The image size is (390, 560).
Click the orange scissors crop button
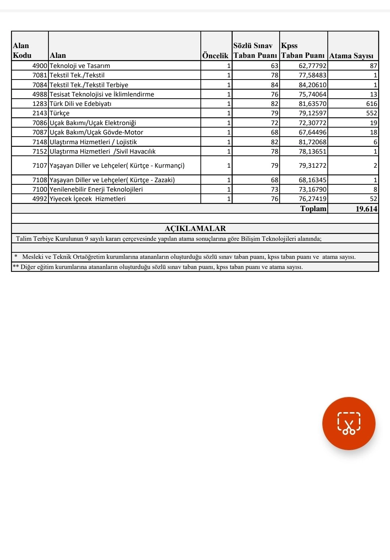349,423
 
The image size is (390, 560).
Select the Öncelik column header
215,55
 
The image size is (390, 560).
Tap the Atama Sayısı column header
351,56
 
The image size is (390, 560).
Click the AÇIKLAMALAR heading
195,228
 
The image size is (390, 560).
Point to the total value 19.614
366,209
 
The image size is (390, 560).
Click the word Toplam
313,209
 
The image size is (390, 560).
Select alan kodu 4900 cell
40,66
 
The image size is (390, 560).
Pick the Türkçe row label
60,113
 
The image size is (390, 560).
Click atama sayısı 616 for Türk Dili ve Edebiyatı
371,104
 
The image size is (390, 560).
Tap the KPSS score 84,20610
313,85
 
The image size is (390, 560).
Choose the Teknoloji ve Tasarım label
80,66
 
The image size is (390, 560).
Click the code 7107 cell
40,166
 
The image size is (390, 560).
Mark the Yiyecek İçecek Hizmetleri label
88,199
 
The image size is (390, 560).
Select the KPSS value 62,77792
313,66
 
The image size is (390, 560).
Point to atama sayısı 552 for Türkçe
371,113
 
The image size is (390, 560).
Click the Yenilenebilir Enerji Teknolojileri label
96,189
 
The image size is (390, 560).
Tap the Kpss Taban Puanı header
303,51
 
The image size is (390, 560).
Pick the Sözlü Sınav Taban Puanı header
255,51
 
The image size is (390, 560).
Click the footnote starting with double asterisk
158,267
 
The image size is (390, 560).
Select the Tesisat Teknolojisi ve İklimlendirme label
102,94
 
